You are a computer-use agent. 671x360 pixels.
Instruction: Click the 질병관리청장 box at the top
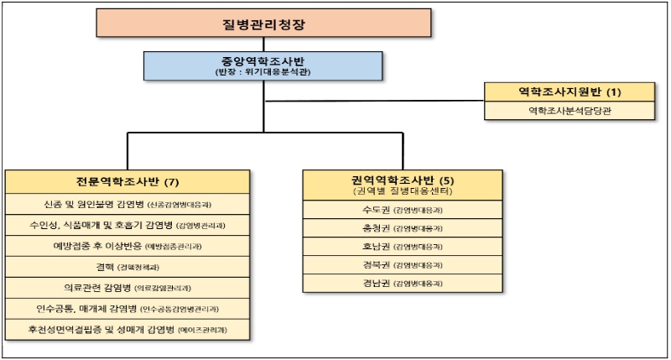coord(264,24)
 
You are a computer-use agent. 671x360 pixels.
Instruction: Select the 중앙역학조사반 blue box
coord(263,65)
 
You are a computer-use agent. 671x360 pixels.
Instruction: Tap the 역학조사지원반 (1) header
coord(570,91)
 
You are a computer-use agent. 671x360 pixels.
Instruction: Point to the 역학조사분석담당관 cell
coord(570,110)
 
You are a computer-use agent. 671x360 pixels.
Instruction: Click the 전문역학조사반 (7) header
coord(127,182)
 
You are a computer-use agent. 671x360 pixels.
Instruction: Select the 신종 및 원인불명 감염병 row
coord(127,204)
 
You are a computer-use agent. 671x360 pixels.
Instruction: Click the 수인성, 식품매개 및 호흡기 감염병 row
coord(127,225)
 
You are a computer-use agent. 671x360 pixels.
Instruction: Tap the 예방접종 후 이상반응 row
coord(127,246)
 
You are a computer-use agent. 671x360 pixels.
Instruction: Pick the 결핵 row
coord(127,267)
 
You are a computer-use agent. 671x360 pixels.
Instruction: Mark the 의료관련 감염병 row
coord(127,288)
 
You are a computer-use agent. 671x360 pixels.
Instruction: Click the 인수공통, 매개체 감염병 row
coord(127,309)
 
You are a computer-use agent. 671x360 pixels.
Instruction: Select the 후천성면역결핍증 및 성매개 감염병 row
coord(127,330)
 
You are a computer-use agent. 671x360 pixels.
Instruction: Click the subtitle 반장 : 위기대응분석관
coord(263,73)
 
